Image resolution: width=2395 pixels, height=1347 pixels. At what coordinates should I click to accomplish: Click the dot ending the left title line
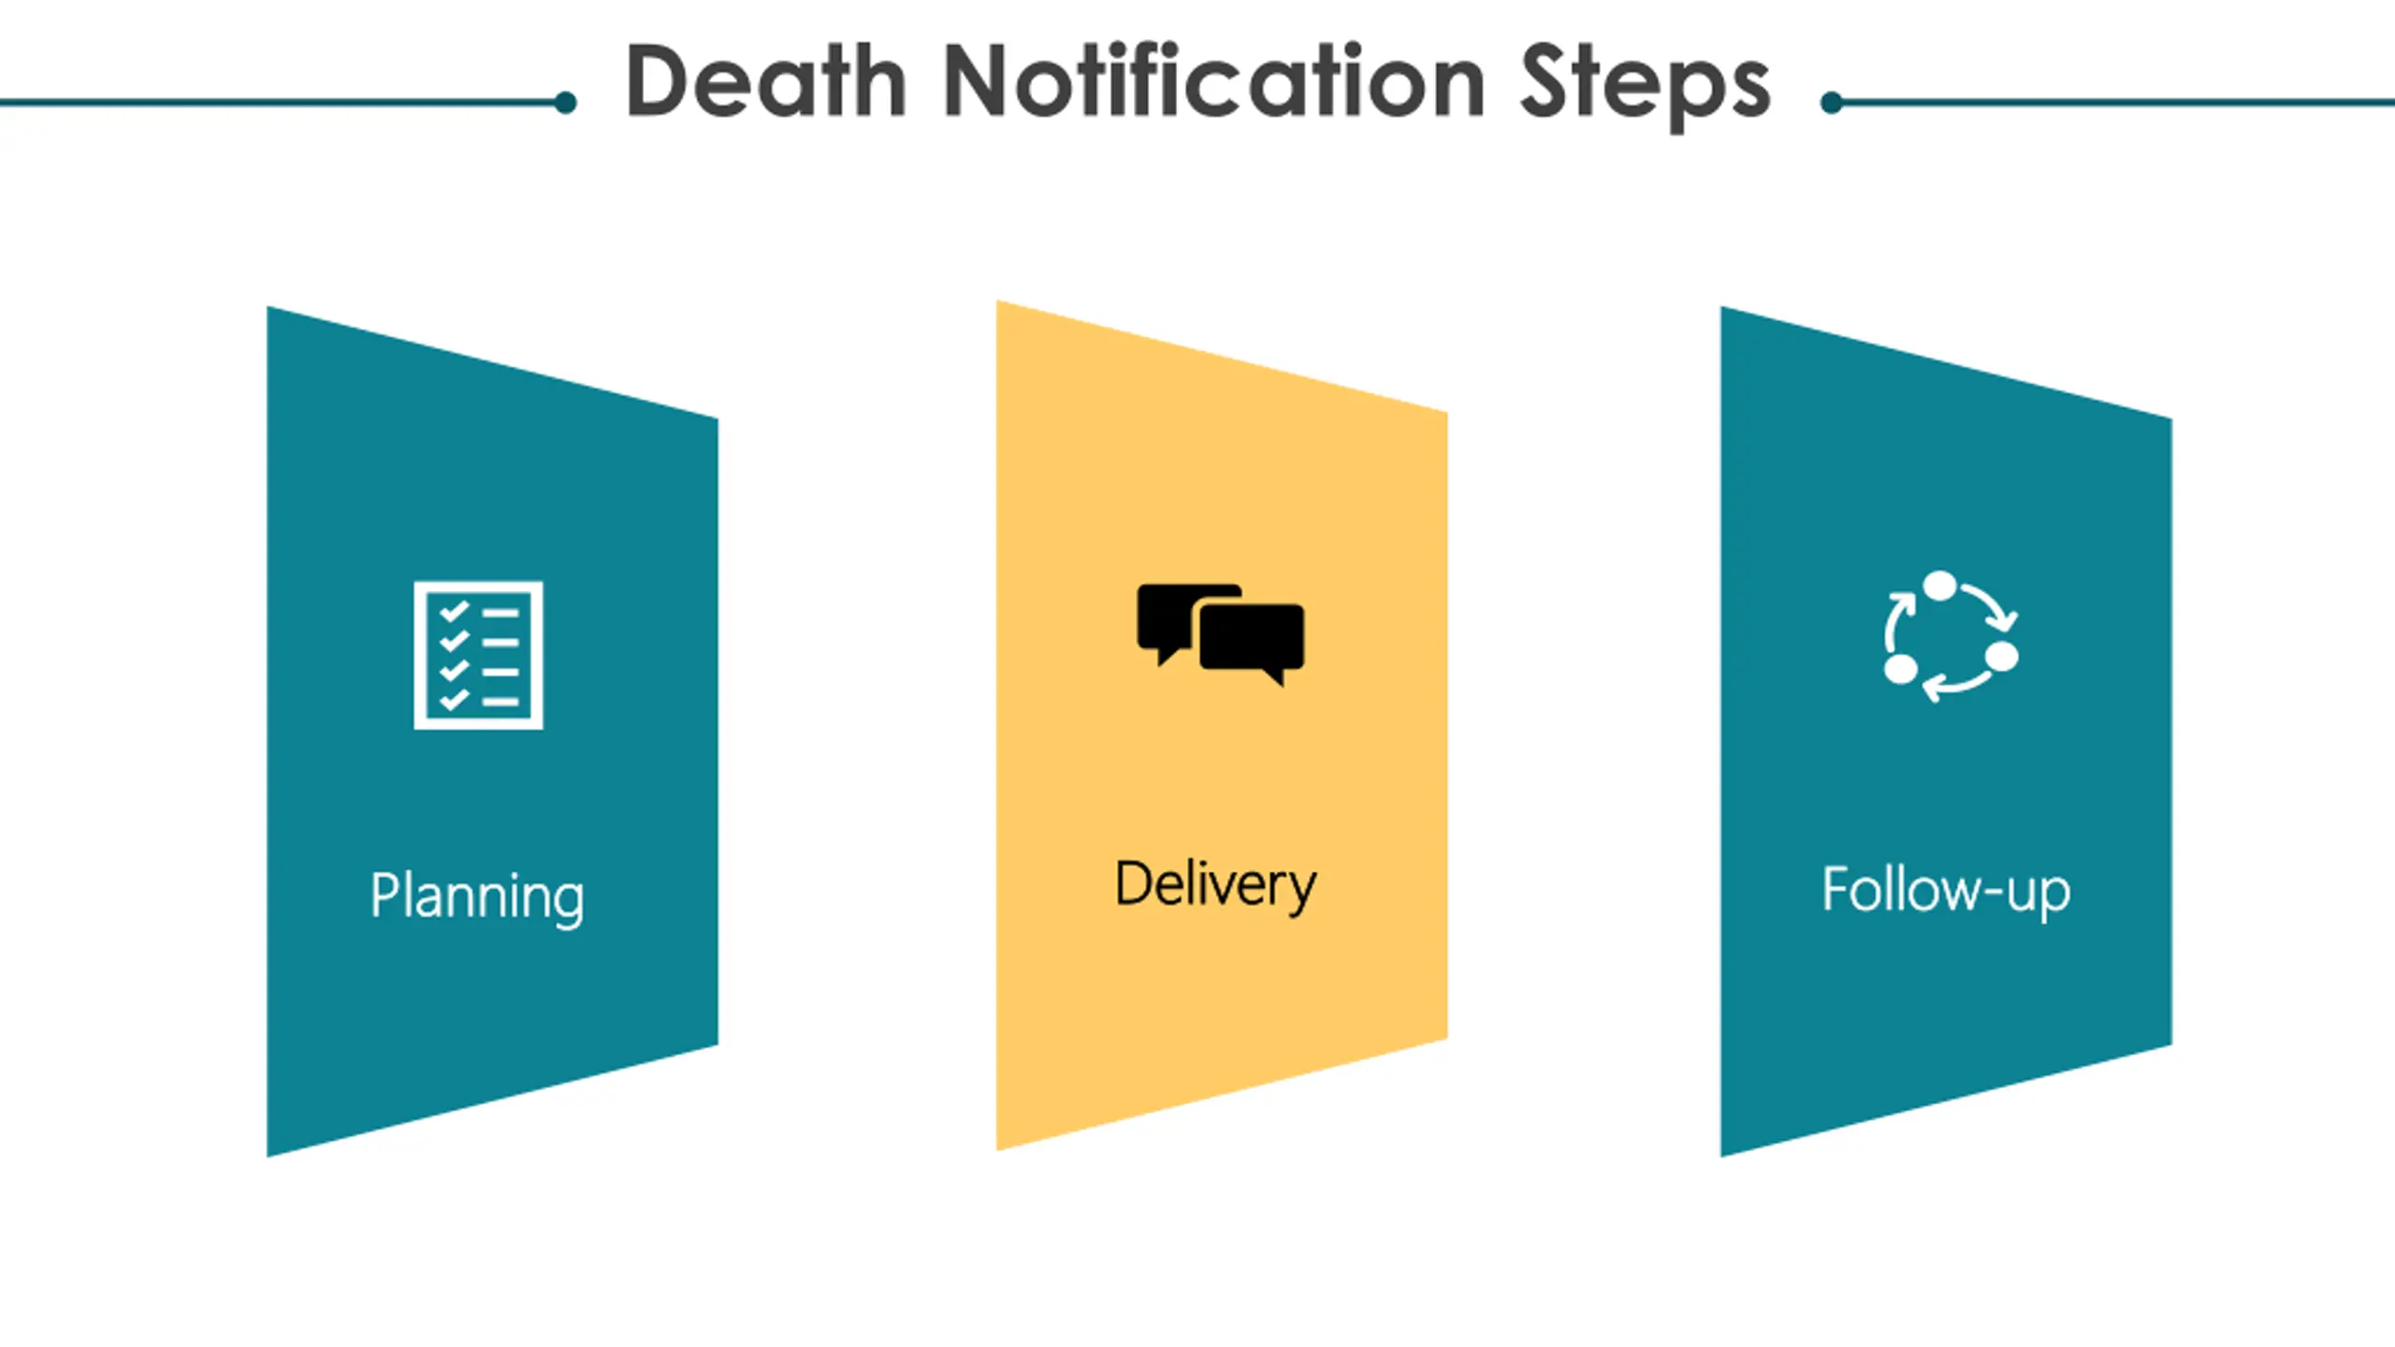pyautogui.click(x=565, y=103)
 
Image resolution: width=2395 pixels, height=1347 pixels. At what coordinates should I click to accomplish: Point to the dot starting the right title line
pyautogui.click(x=1832, y=103)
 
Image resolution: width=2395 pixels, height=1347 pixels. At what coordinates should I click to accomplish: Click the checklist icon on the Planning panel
pyautogui.click(x=478, y=655)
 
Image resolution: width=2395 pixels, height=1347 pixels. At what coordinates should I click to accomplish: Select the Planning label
pyautogui.click(x=477, y=896)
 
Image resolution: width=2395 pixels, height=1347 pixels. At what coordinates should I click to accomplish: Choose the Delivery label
pyautogui.click(x=1215, y=885)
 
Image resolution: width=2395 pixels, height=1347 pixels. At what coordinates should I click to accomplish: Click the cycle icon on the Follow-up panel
pyautogui.click(x=1950, y=636)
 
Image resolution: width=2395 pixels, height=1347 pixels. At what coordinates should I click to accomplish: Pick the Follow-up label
pyautogui.click(x=1946, y=890)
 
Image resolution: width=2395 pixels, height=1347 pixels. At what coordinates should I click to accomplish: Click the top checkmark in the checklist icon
pyautogui.click(x=454, y=613)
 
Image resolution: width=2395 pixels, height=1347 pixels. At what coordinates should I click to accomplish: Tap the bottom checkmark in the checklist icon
pyautogui.click(x=454, y=700)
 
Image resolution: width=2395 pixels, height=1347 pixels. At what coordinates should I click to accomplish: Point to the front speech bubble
pyautogui.click(x=1252, y=640)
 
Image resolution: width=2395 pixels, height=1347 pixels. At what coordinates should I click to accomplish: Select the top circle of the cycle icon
pyautogui.click(x=1940, y=587)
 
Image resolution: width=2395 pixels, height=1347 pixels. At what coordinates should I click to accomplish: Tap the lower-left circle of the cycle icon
pyautogui.click(x=1900, y=669)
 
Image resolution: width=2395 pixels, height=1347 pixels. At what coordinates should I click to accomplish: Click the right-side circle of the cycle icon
pyautogui.click(x=2001, y=656)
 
